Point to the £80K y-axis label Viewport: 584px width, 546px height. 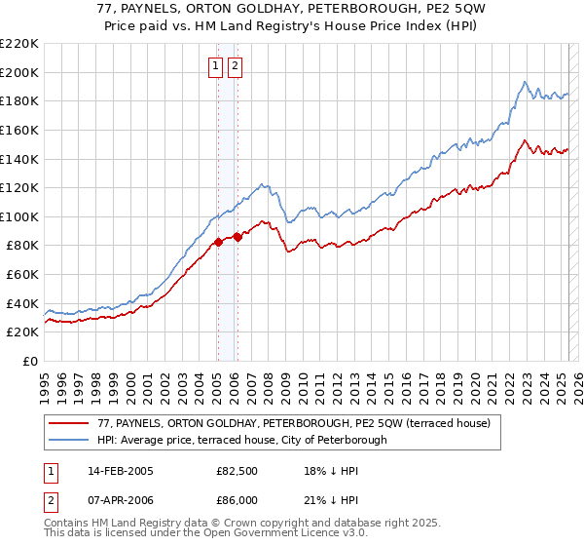[23, 246]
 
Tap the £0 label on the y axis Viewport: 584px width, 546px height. [31, 361]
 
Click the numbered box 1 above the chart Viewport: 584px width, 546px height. [215, 66]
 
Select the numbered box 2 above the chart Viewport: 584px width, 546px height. [236, 66]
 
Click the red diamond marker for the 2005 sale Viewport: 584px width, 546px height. [218, 243]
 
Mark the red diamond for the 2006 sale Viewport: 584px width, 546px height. [237, 236]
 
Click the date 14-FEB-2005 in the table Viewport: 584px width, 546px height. [121, 471]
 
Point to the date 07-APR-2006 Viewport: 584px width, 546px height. [121, 499]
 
